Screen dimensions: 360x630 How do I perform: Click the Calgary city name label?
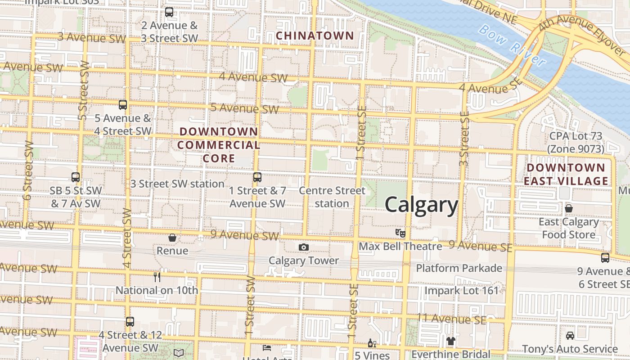coord(421,205)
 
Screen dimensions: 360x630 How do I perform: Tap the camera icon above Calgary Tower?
coord(304,247)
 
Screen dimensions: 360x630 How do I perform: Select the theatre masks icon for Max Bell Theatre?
coord(400,233)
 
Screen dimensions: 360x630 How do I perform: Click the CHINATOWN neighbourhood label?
coord(315,36)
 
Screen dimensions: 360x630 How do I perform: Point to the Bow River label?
coord(512,45)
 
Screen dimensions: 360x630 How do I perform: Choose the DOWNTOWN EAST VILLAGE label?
coord(566,174)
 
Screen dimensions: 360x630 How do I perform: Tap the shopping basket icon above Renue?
coord(172,238)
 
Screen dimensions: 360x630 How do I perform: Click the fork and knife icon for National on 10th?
coord(157,277)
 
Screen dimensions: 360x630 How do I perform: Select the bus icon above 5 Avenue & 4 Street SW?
coord(123,105)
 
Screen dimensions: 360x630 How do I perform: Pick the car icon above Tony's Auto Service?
coord(570,336)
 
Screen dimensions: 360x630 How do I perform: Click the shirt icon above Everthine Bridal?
coord(451,341)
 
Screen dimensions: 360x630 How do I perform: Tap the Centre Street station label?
coord(332,197)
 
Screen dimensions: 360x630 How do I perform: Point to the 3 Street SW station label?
coord(177,184)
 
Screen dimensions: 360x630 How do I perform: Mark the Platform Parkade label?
coord(459,268)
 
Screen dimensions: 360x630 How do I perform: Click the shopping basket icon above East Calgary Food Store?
coord(569,208)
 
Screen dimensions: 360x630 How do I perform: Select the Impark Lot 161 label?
coord(462,290)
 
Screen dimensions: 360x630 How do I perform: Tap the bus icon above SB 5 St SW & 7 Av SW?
coord(76,177)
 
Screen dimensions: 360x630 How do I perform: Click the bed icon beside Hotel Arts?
coord(267,348)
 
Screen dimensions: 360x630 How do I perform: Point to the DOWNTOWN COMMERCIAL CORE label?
coord(219,145)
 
